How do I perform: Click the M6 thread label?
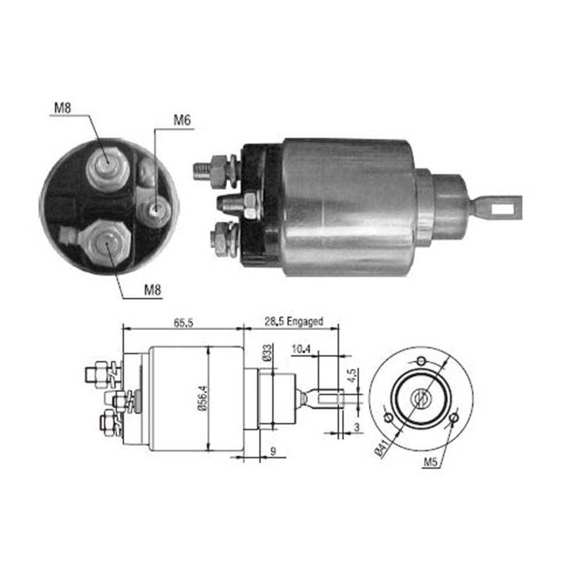[182, 121]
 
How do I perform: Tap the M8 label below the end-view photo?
[152, 290]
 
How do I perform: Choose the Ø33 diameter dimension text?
[269, 352]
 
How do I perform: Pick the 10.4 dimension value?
[300, 348]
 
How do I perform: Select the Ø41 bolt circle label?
[380, 446]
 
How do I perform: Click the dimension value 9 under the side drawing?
[273, 452]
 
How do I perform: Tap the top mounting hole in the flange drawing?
[421, 361]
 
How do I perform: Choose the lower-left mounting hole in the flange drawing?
[388, 416]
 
